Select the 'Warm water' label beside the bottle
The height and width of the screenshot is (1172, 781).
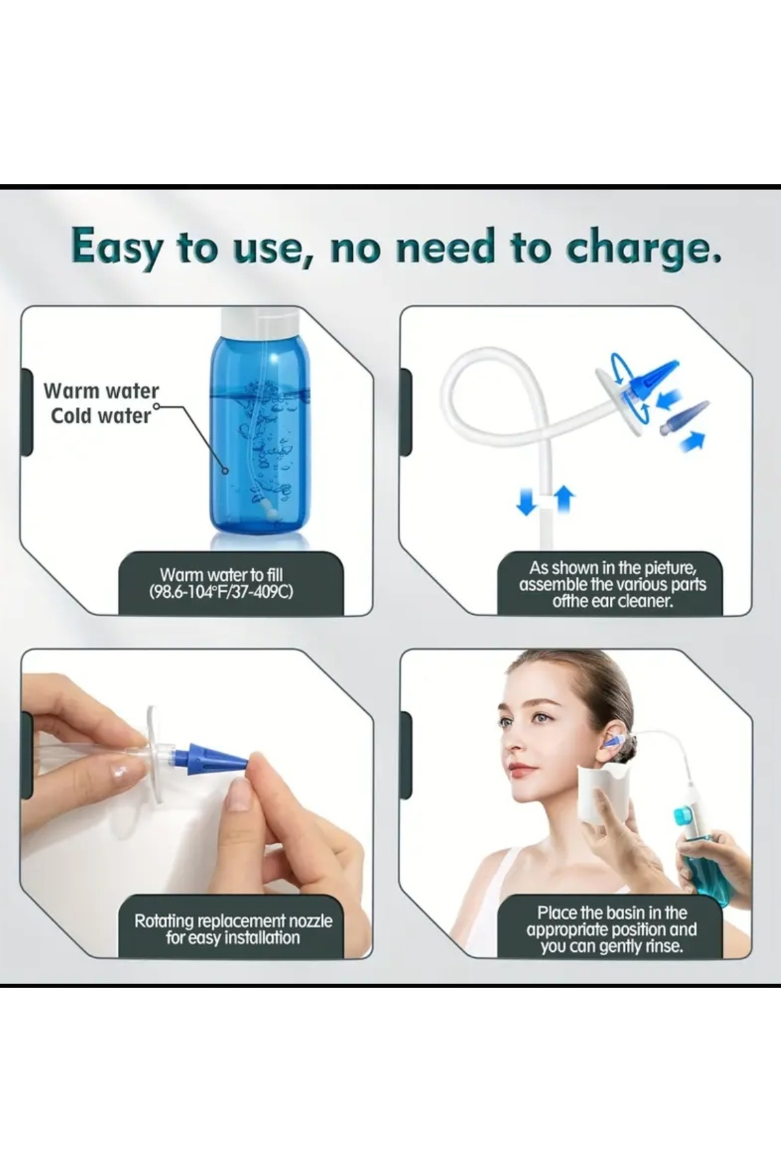(x=101, y=391)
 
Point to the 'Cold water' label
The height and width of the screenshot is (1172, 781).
(x=101, y=415)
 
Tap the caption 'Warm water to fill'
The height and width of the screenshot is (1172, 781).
(x=221, y=574)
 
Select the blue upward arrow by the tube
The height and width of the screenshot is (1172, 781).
(x=564, y=499)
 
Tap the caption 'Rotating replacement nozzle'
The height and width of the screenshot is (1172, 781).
(x=233, y=921)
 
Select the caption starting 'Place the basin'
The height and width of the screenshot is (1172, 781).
(x=612, y=929)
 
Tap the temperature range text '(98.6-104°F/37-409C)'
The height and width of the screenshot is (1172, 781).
(x=221, y=592)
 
